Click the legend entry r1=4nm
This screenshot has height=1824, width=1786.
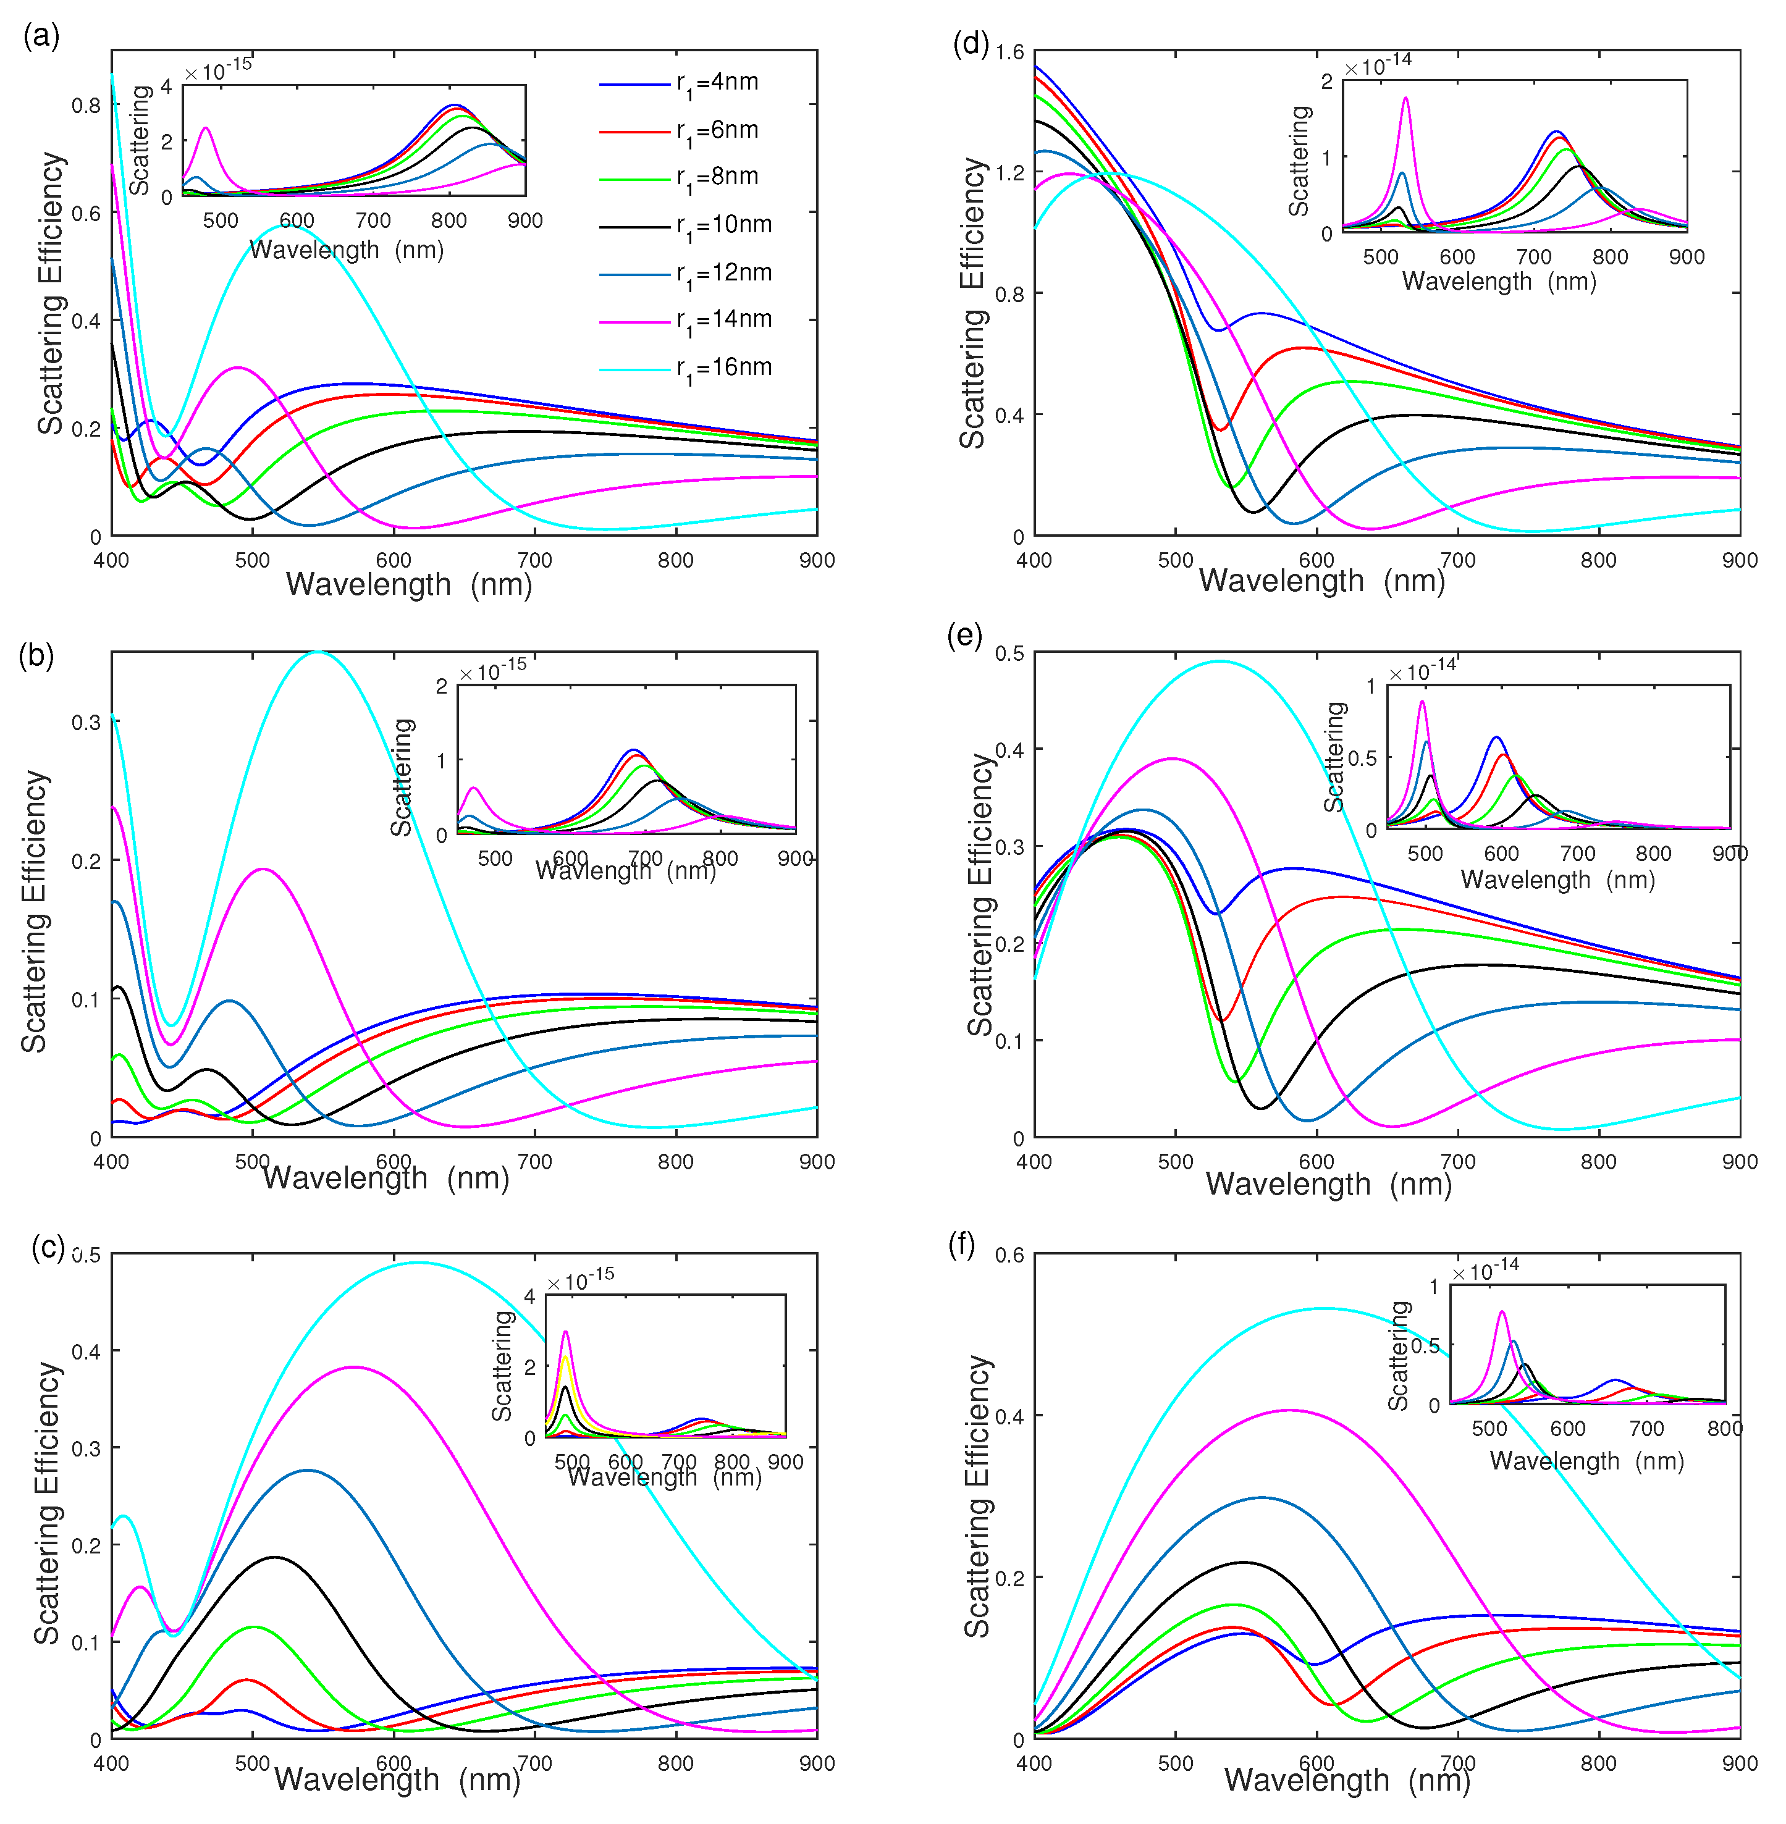coord(717,83)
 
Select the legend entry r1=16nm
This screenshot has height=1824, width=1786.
coord(722,369)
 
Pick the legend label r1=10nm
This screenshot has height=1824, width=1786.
coord(722,226)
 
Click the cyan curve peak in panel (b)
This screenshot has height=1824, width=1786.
coord(319,652)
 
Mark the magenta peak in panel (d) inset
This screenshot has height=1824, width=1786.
coord(1405,98)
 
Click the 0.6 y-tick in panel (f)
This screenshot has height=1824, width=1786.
coord(1009,1255)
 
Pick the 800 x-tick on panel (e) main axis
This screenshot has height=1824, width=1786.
coord(1598,1161)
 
